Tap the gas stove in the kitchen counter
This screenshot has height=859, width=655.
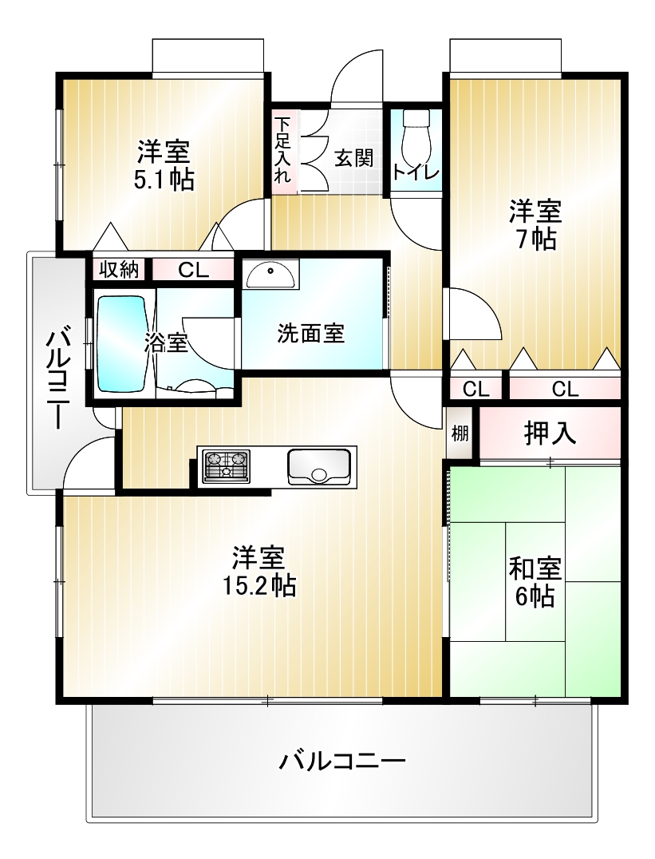pyautogui.click(x=227, y=466)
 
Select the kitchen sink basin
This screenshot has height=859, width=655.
pyautogui.click(x=319, y=467)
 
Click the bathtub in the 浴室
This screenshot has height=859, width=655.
pyautogui.click(x=122, y=344)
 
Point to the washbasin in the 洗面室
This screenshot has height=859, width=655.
pyautogui.click(x=270, y=275)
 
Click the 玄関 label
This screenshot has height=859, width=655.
pyautogui.click(x=353, y=158)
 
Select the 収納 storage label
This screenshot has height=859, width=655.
pyautogui.click(x=118, y=270)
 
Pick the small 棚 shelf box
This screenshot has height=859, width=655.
pyautogui.click(x=460, y=433)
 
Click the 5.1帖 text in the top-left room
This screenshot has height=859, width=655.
pyautogui.click(x=164, y=179)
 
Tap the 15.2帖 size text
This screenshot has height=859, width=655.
pyautogui.click(x=258, y=586)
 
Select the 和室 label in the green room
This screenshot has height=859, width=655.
pyautogui.click(x=535, y=569)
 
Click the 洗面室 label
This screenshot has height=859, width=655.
pyautogui.click(x=310, y=333)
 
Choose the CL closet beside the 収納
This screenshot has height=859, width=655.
pyautogui.click(x=193, y=270)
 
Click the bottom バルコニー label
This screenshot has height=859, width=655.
pyautogui.click(x=343, y=761)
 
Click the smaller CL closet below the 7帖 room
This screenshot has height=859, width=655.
pyautogui.click(x=476, y=389)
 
